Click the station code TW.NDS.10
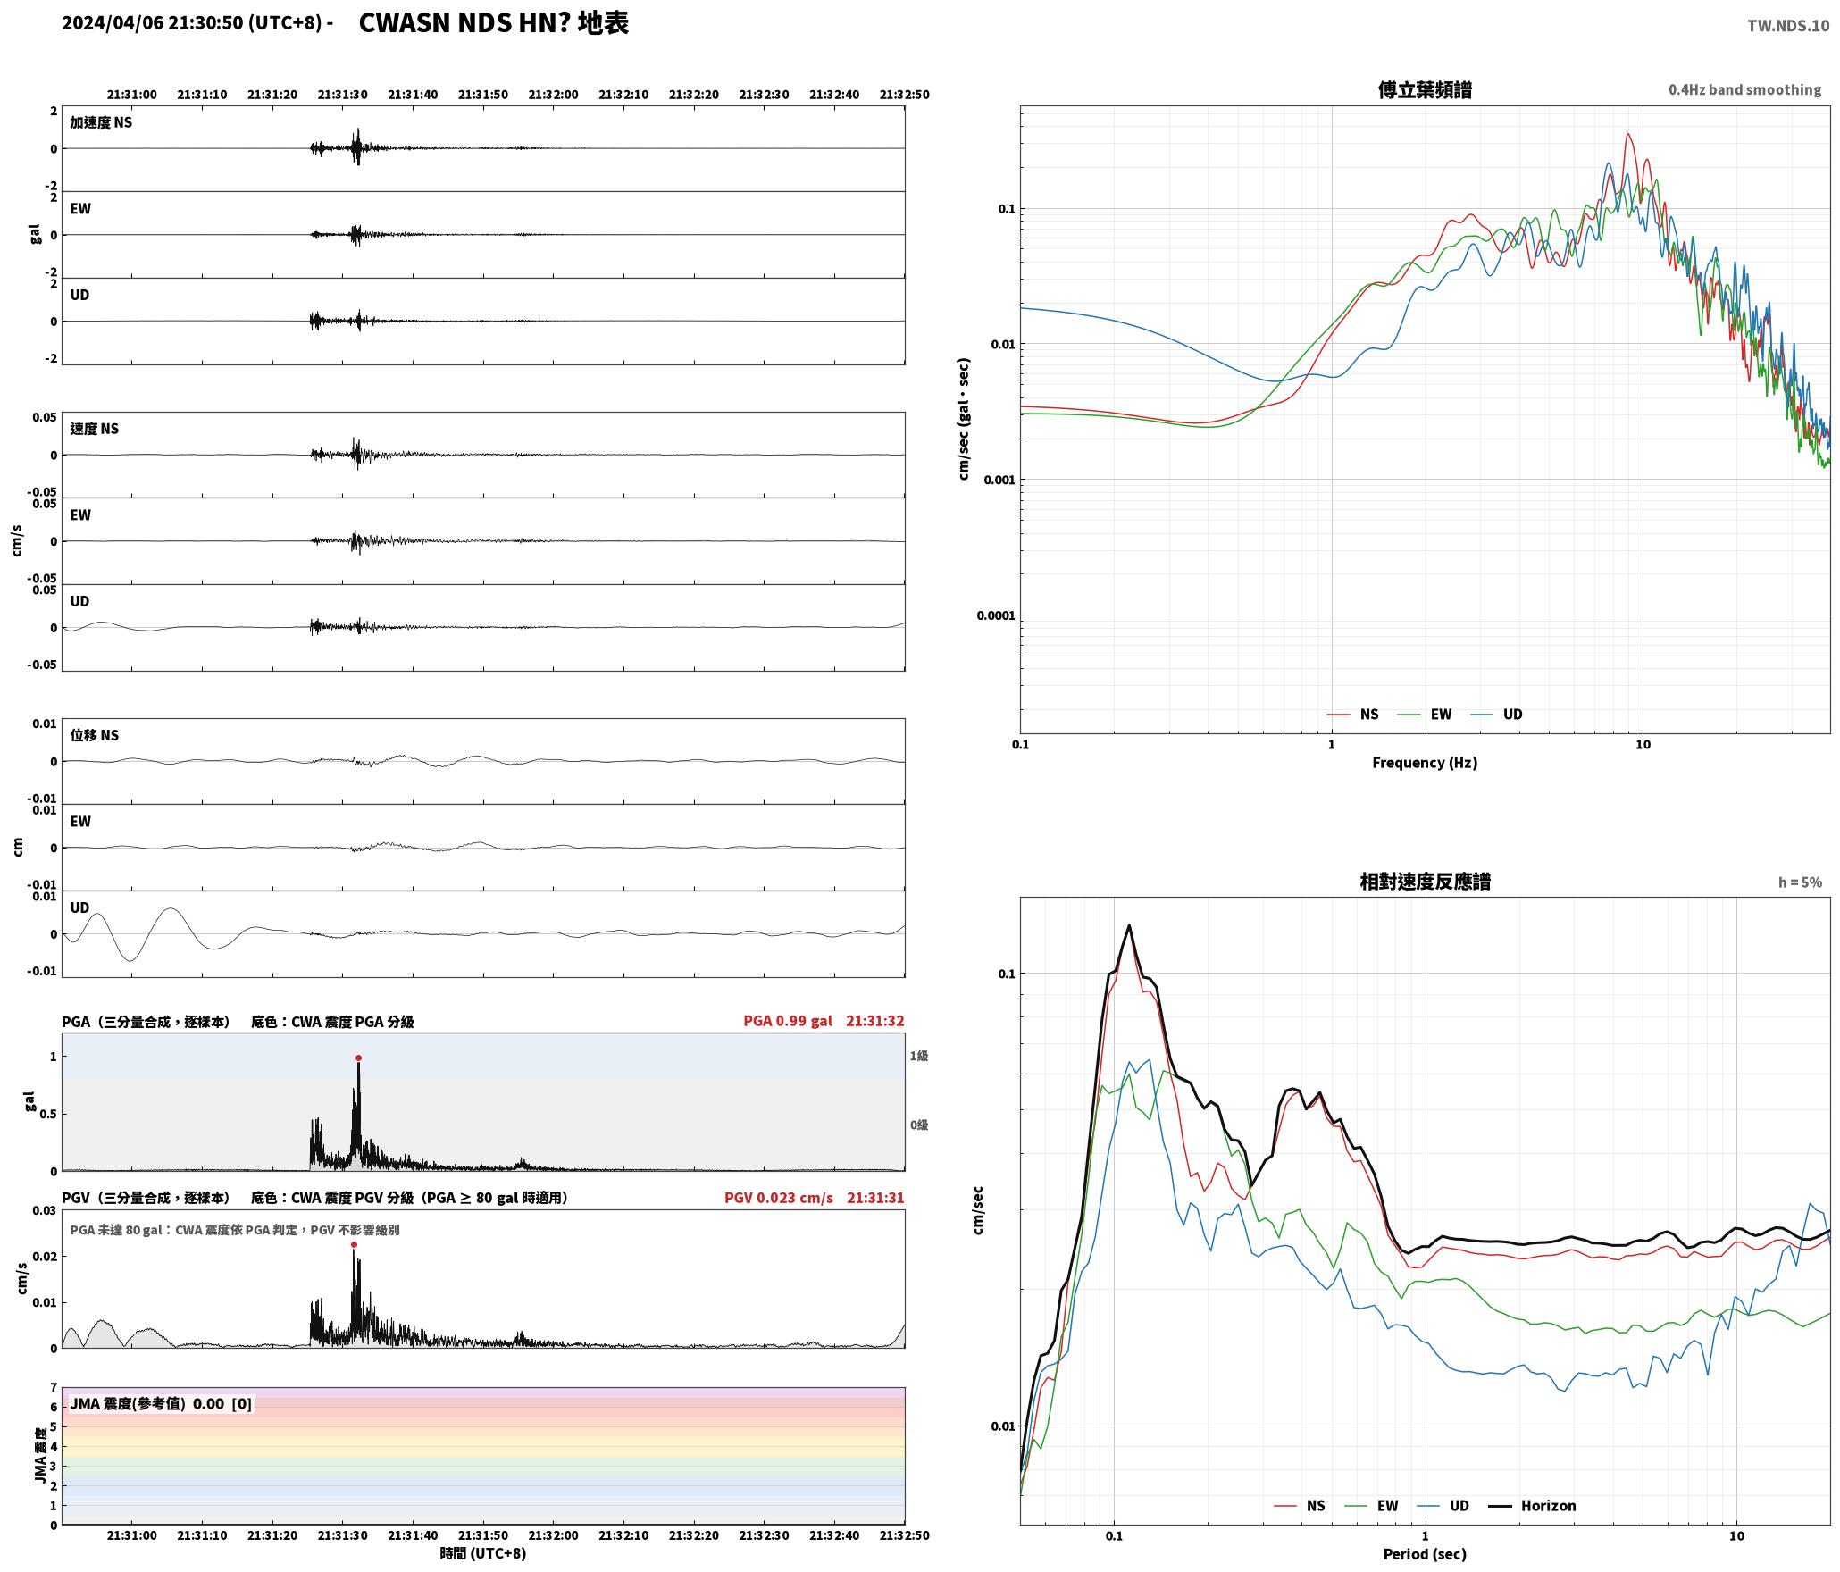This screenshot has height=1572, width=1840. click(x=1788, y=26)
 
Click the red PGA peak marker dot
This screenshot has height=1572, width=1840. click(x=358, y=1058)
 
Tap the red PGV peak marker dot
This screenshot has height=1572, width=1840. click(x=354, y=1244)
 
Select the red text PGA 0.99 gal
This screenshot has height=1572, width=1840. click(x=787, y=1021)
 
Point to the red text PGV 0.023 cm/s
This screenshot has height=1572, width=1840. click(x=778, y=1198)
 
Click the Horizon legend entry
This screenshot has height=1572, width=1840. click(x=1532, y=1506)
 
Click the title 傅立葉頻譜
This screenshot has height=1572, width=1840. click(x=1425, y=90)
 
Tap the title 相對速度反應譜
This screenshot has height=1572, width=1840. click(x=1425, y=882)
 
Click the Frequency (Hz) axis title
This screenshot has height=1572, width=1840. click(x=1425, y=763)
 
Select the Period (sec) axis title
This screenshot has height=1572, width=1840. click(x=1425, y=1554)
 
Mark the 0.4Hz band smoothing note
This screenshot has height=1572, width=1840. click(x=1744, y=89)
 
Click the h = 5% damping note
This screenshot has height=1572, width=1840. click(x=1800, y=882)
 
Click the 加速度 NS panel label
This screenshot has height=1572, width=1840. click(x=101, y=122)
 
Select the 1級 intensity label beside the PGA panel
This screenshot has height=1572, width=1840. click(x=919, y=1056)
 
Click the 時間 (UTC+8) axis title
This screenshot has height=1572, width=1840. click(x=483, y=1554)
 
